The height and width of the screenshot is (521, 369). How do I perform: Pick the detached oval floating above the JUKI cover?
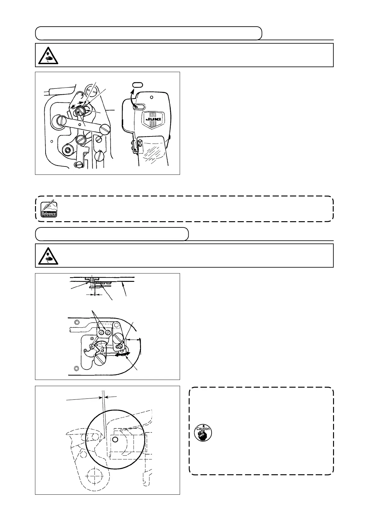pos(137,84)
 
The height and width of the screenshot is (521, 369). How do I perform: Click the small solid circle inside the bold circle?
pos(115,439)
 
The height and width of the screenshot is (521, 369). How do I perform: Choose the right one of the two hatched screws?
pos(108,332)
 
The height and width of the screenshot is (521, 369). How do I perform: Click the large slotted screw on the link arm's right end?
pos(105,128)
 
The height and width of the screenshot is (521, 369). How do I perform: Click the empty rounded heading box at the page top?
pos(149,33)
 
